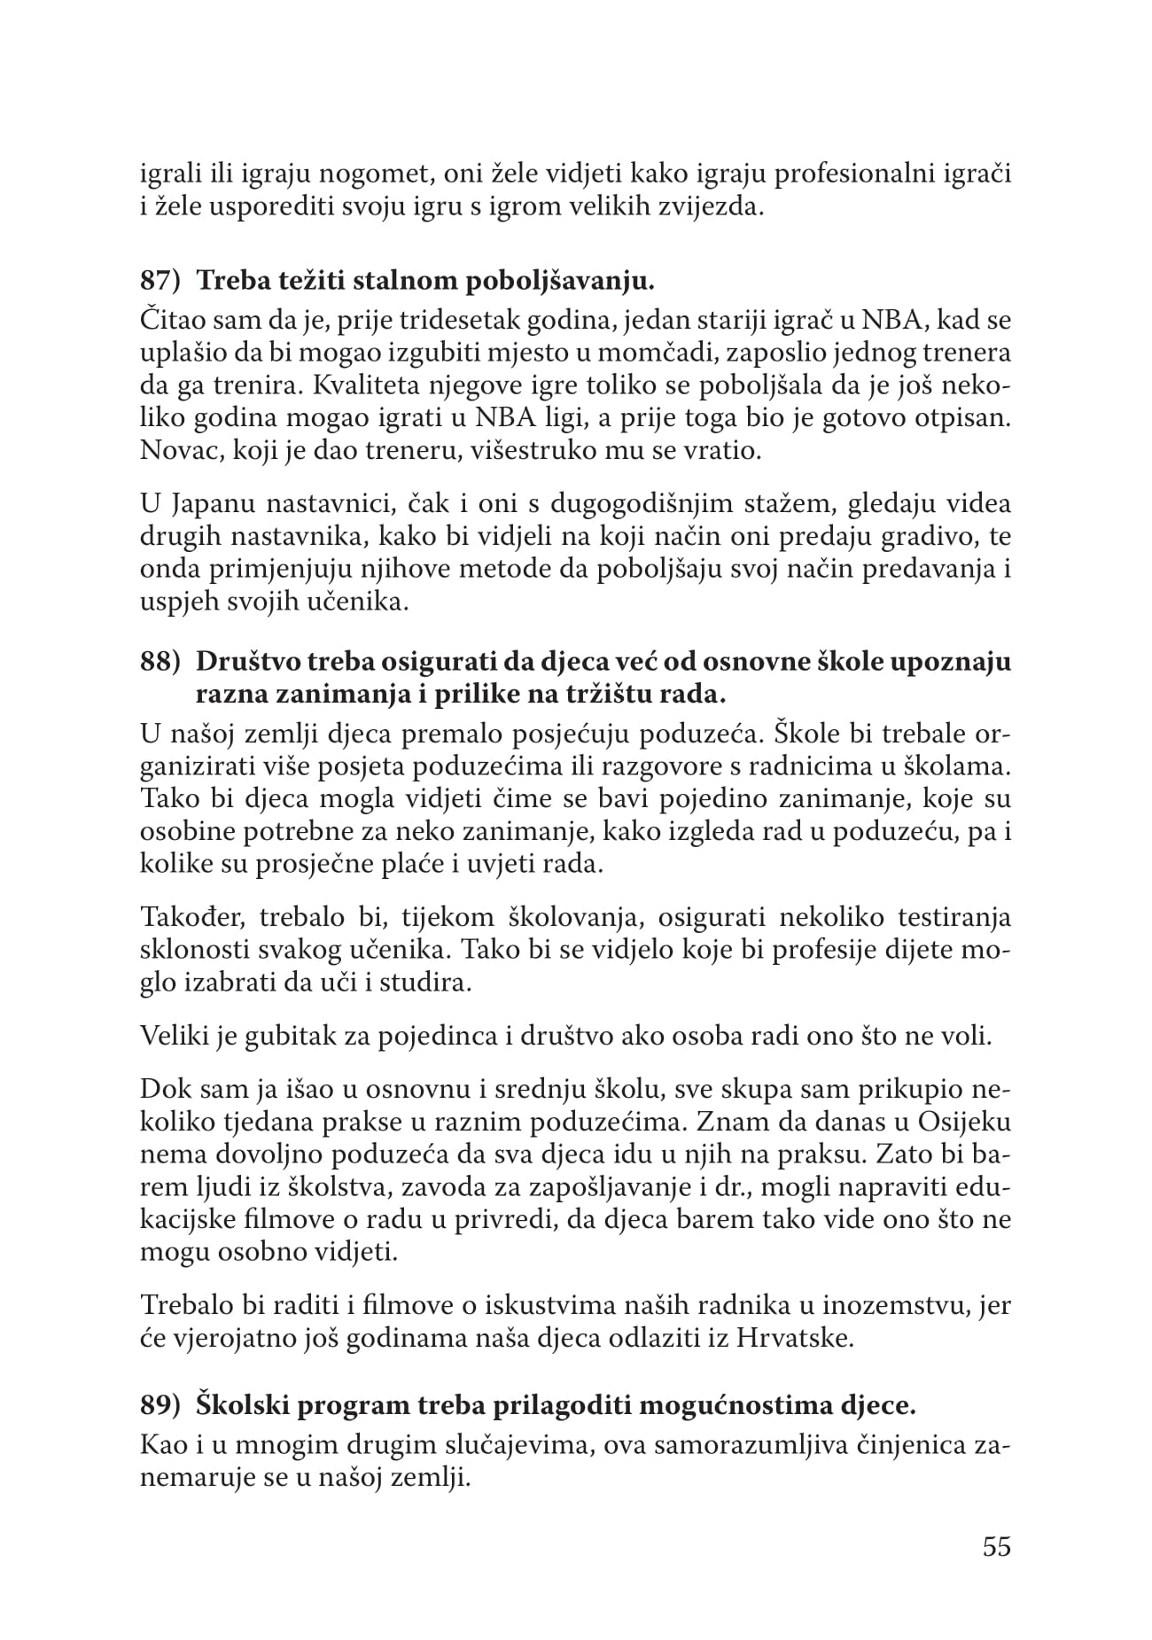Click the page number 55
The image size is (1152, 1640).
[997, 1547]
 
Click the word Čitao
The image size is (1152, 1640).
[173, 318]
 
